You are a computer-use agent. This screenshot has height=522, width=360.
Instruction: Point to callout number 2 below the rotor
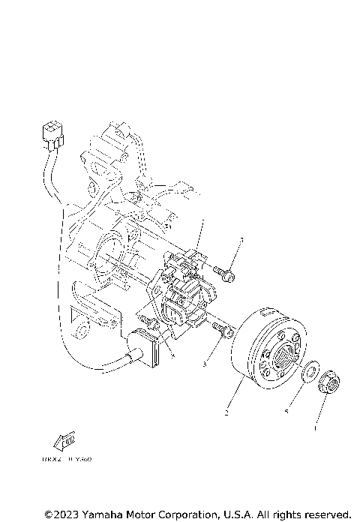pos(226,412)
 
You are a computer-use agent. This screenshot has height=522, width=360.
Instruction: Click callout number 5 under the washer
pos(287,410)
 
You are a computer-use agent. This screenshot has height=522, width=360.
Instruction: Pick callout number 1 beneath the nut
pos(315,429)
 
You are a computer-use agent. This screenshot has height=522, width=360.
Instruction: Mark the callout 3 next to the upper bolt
pos(241,241)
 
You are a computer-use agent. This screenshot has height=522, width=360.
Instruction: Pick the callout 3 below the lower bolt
pos(205,364)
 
